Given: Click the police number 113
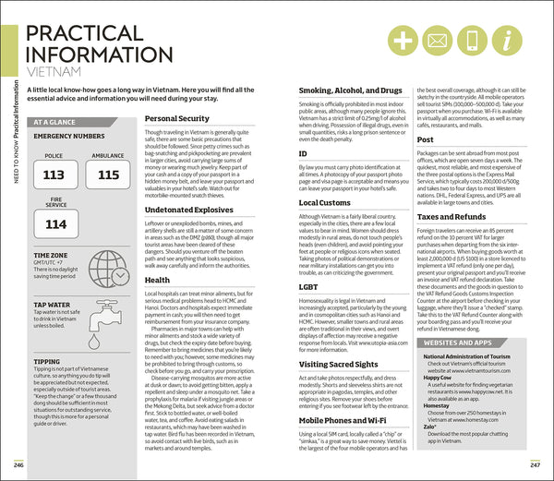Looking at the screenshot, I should coord(54,174).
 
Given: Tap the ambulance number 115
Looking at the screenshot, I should coord(108,174).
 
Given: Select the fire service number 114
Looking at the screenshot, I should coord(55,224).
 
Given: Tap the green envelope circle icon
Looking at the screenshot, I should coord(438,41).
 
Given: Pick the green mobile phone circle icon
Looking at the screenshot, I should coord(472,41).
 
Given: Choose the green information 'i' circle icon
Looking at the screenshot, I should coord(506,41).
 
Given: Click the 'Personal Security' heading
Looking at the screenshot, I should coord(177,119).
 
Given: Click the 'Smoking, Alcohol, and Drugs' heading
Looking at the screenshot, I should coord(350,90).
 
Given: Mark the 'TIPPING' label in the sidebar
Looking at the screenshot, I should coord(48,363).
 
